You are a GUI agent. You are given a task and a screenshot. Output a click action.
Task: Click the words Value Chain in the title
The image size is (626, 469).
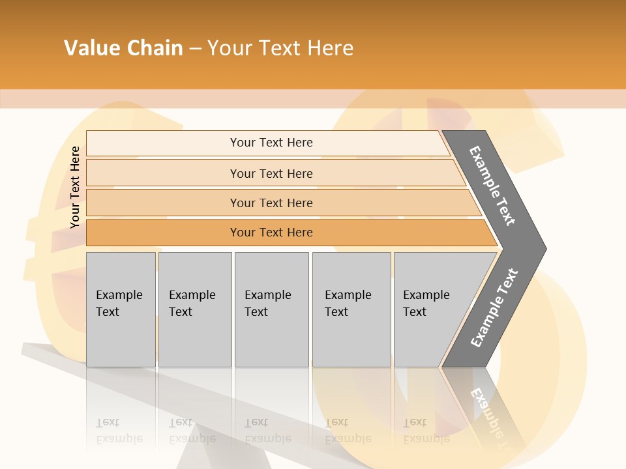pos(123,48)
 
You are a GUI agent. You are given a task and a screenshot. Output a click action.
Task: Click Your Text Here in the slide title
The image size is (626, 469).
pos(280,48)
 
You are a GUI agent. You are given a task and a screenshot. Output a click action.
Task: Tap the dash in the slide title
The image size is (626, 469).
pos(195,49)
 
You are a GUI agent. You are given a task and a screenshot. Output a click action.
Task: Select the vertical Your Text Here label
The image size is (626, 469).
pos(75,187)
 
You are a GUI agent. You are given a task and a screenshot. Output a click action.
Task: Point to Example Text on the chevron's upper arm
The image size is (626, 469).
pos(492,186)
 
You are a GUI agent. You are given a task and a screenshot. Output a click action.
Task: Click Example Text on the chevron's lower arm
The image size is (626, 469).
pos(494,307)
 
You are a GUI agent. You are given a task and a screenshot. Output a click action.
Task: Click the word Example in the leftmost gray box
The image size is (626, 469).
pos(119,295)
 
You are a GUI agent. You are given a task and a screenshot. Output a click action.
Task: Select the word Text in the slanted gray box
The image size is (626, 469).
pos(415,312)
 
